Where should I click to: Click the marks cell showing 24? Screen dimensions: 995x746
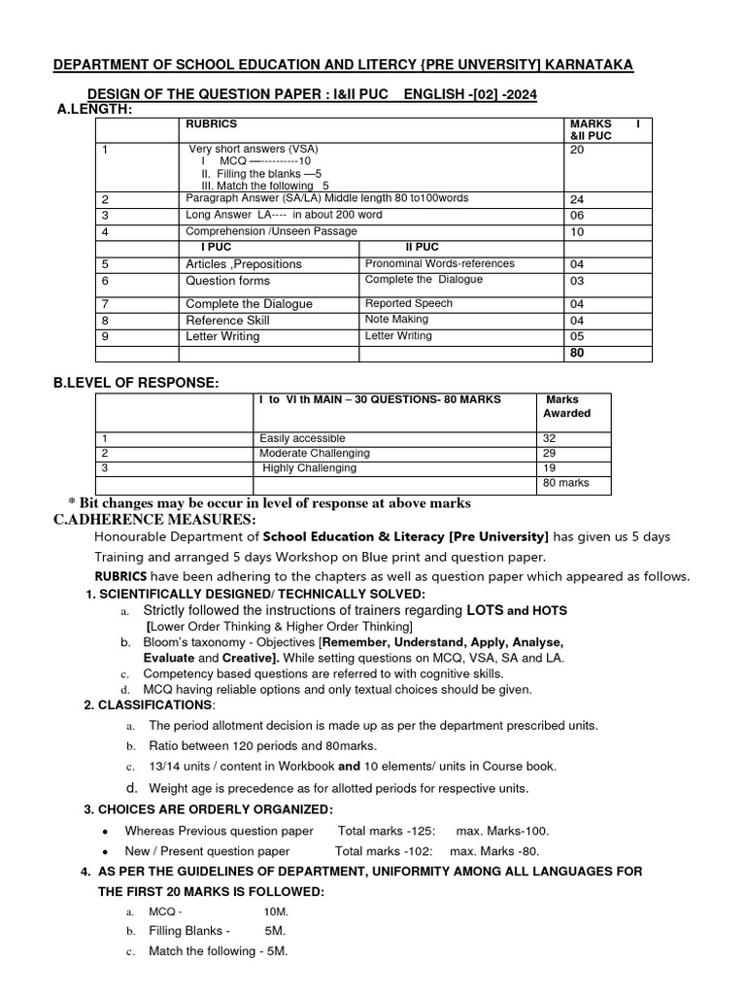[577, 199]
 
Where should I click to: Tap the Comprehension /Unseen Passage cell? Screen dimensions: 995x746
[271, 231]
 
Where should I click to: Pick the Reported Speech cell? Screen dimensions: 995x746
[408, 303]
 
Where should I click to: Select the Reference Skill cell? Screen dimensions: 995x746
[227, 320]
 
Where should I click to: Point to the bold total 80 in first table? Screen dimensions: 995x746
[577, 353]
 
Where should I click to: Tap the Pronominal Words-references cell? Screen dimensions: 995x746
[439, 263]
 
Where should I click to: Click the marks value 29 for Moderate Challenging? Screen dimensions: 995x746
[550, 453]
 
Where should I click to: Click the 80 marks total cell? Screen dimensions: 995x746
[565, 483]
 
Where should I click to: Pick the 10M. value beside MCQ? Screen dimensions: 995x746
[276, 912]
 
